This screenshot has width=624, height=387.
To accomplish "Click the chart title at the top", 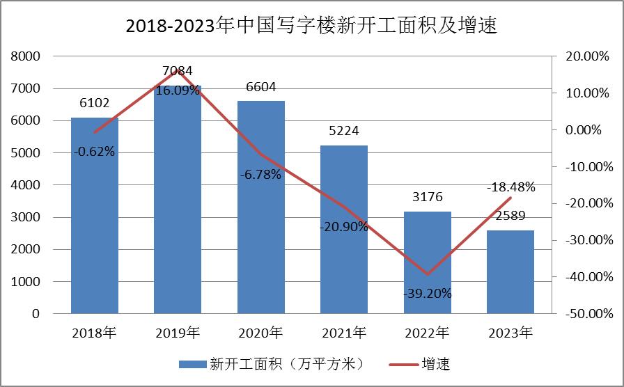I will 311,26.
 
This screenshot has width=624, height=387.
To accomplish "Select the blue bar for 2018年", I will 95,223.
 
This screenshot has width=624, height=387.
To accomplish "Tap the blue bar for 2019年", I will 178,209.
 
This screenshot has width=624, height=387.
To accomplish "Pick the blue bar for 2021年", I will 344,237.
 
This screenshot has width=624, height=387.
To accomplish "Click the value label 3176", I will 428,198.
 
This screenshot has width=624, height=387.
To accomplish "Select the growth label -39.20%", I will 428,294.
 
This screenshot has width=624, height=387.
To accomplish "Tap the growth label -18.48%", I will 510,187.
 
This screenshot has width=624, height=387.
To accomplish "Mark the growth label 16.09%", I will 178,90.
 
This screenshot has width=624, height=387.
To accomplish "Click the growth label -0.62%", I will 95,151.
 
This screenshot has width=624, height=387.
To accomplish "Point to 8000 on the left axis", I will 26,56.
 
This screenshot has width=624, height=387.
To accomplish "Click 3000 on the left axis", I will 26,217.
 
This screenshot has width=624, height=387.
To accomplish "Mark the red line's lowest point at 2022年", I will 428,274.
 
